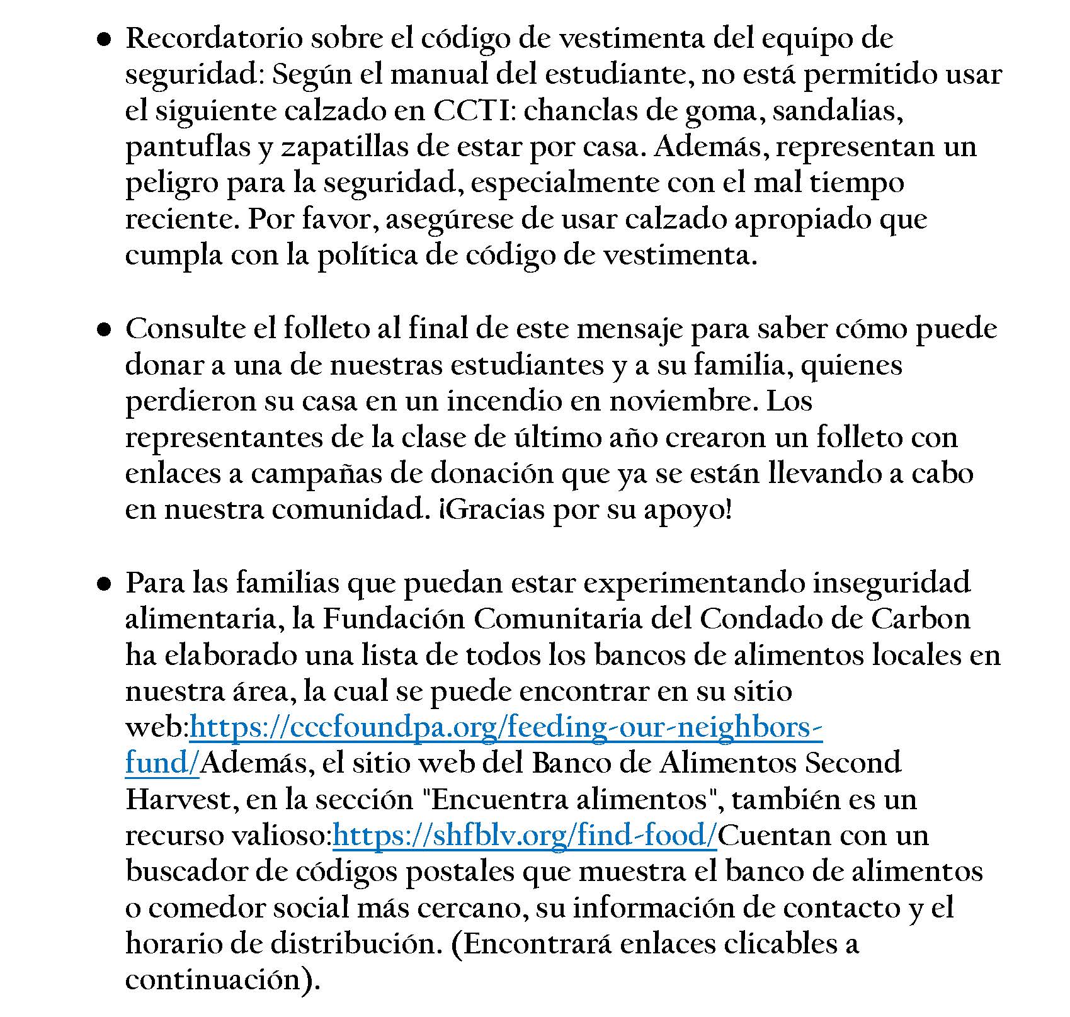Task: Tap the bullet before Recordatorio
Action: click(x=105, y=40)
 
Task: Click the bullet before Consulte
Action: click(x=105, y=329)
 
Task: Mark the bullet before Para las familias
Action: click(x=105, y=584)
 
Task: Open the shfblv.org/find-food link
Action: click(x=525, y=836)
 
